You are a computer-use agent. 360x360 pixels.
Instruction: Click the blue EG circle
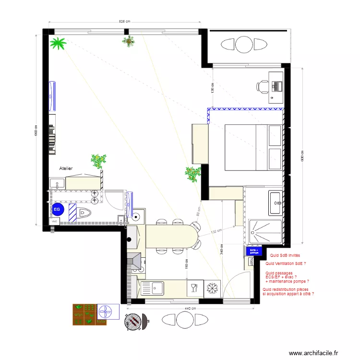tap(57, 209)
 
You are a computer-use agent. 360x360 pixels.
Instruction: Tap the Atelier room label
tap(66, 169)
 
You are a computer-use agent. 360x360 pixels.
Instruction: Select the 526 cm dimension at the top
tap(125, 22)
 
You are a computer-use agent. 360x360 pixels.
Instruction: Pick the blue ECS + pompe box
tap(254, 251)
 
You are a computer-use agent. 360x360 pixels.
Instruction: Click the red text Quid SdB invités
tap(285, 256)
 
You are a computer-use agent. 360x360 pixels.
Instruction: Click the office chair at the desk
tap(263, 86)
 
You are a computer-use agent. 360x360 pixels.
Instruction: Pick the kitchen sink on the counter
tap(157, 288)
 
